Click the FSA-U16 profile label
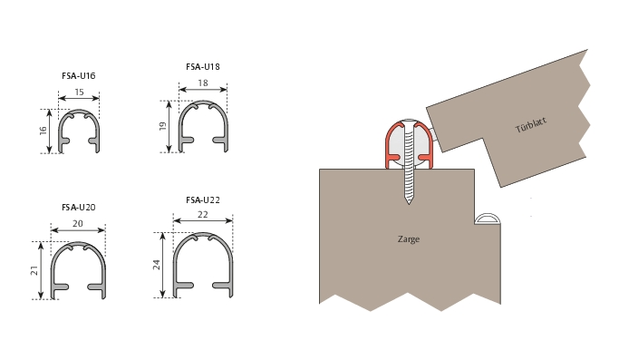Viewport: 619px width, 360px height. pos(79,75)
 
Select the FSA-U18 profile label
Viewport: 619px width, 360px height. pos(203,67)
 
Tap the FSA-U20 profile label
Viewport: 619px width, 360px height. pos(79,207)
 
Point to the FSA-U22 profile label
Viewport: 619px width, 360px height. pos(203,200)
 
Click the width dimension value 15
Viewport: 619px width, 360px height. pos(79,92)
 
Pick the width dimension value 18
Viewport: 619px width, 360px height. pos(203,83)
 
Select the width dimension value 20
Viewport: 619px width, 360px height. pos(78,224)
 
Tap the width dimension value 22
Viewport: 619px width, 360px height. pos(202,215)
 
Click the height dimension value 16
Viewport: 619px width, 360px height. pos(43,131)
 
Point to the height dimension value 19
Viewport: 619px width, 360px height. pos(162,126)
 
